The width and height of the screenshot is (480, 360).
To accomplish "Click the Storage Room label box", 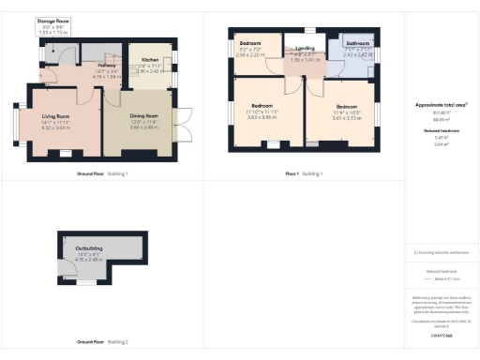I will pyautogui.click(x=52, y=26).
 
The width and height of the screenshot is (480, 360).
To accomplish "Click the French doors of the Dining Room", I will pyautogui.click(x=187, y=125).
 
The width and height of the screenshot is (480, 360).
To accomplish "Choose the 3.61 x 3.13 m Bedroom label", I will pyautogui.click(x=348, y=112).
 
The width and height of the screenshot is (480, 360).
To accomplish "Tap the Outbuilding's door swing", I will pyautogui.click(x=67, y=271).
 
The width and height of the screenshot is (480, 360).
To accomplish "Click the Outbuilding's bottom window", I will pyautogui.click(x=87, y=282).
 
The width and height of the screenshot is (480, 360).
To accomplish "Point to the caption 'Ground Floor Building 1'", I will pyautogui.click(x=102, y=173).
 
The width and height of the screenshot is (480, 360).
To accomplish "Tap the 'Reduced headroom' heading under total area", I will pyautogui.click(x=440, y=131).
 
